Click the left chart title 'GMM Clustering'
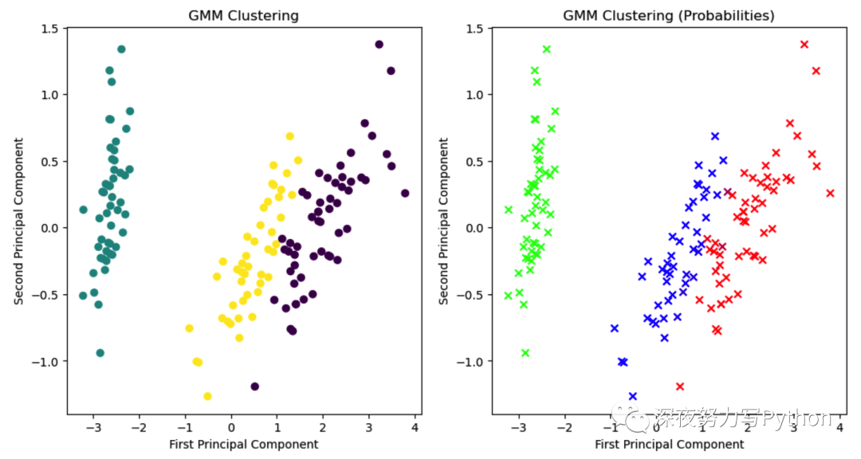pyautogui.click(x=244, y=15)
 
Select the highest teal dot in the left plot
pyautogui.click(x=121, y=49)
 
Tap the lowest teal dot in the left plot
pyautogui.click(x=100, y=353)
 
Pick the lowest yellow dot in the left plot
pyautogui.click(x=207, y=396)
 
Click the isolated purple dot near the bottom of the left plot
pyautogui.click(x=254, y=386)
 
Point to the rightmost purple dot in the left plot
pyautogui.click(x=405, y=193)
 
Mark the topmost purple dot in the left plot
pyautogui.click(x=379, y=45)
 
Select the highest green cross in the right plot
pyautogui.click(x=546, y=49)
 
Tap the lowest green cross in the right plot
pyautogui.click(x=525, y=353)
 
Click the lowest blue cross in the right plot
pyautogui.click(x=632, y=396)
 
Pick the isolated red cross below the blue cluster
pyautogui.click(x=679, y=386)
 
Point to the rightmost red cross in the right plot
pyautogui.click(x=830, y=193)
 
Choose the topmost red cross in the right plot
pyautogui.click(x=804, y=45)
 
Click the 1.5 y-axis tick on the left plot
pyautogui.click(x=49, y=29)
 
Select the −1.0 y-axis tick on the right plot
pyautogui.click(x=472, y=361)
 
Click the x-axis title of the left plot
pyautogui.click(x=244, y=445)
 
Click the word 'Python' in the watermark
pyautogui.click(x=797, y=418)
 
